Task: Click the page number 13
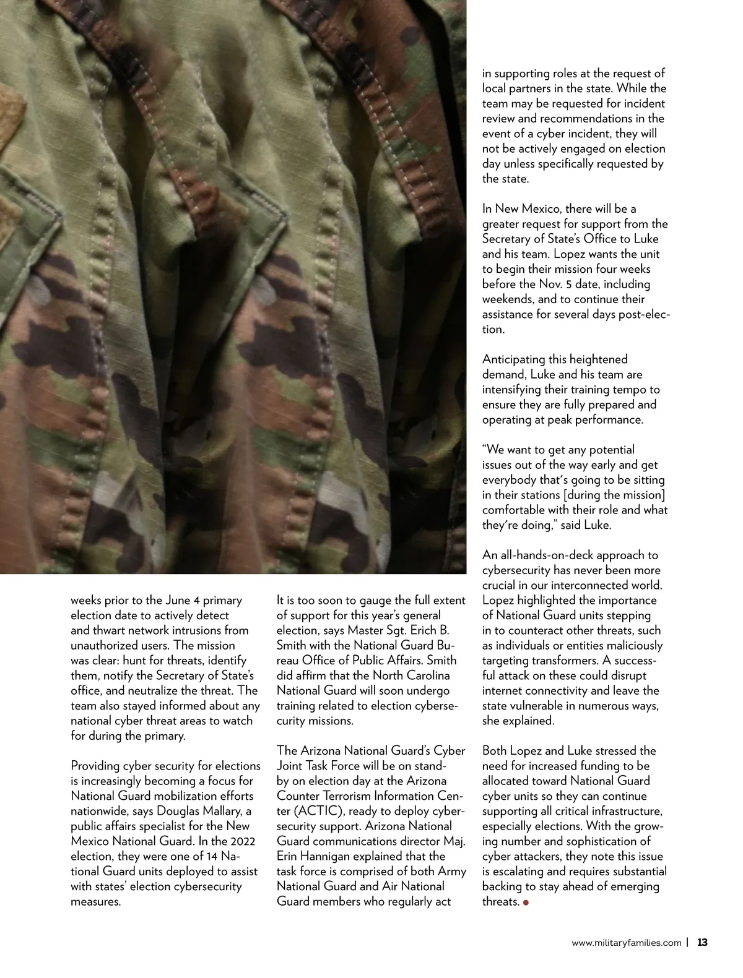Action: pyautogui.click(x=702, y=943)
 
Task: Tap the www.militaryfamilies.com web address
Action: pyautogui.click(x=626, y=943)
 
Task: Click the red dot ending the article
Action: pyautogui.click(x=526, y=902)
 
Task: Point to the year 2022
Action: pyautogui.click(x=238, y=841)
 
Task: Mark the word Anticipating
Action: pyautogui.click(x=513, y=359)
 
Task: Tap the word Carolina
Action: pyautogui.click(x=427, y=676)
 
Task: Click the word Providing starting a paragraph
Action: pyautogui.click(x=94, y=766)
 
